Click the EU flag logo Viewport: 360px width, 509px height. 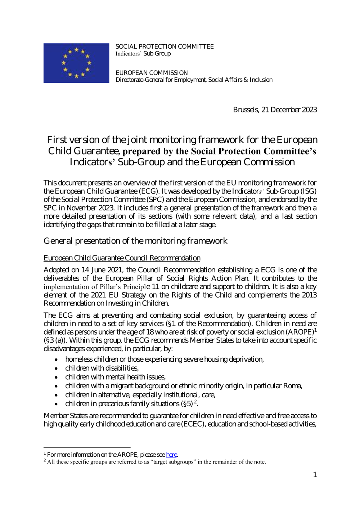point(76,63)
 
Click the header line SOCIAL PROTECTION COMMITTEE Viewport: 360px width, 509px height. point(165,46)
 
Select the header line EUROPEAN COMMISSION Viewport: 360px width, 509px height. point(152,73)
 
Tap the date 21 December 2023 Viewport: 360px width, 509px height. point(289,110)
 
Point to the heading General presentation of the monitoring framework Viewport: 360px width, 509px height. point(135,241)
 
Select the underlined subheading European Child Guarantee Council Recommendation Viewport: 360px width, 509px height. point(122,258)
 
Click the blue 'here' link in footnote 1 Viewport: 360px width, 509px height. point(171,455)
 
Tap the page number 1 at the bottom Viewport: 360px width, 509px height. point(315,475)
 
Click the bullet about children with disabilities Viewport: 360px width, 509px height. point(102,368)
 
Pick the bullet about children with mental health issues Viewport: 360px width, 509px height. point(115,377)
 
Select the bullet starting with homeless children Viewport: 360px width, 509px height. point(164,359)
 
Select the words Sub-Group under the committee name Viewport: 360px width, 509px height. point(157,54)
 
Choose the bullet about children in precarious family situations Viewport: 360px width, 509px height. point(131,403)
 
